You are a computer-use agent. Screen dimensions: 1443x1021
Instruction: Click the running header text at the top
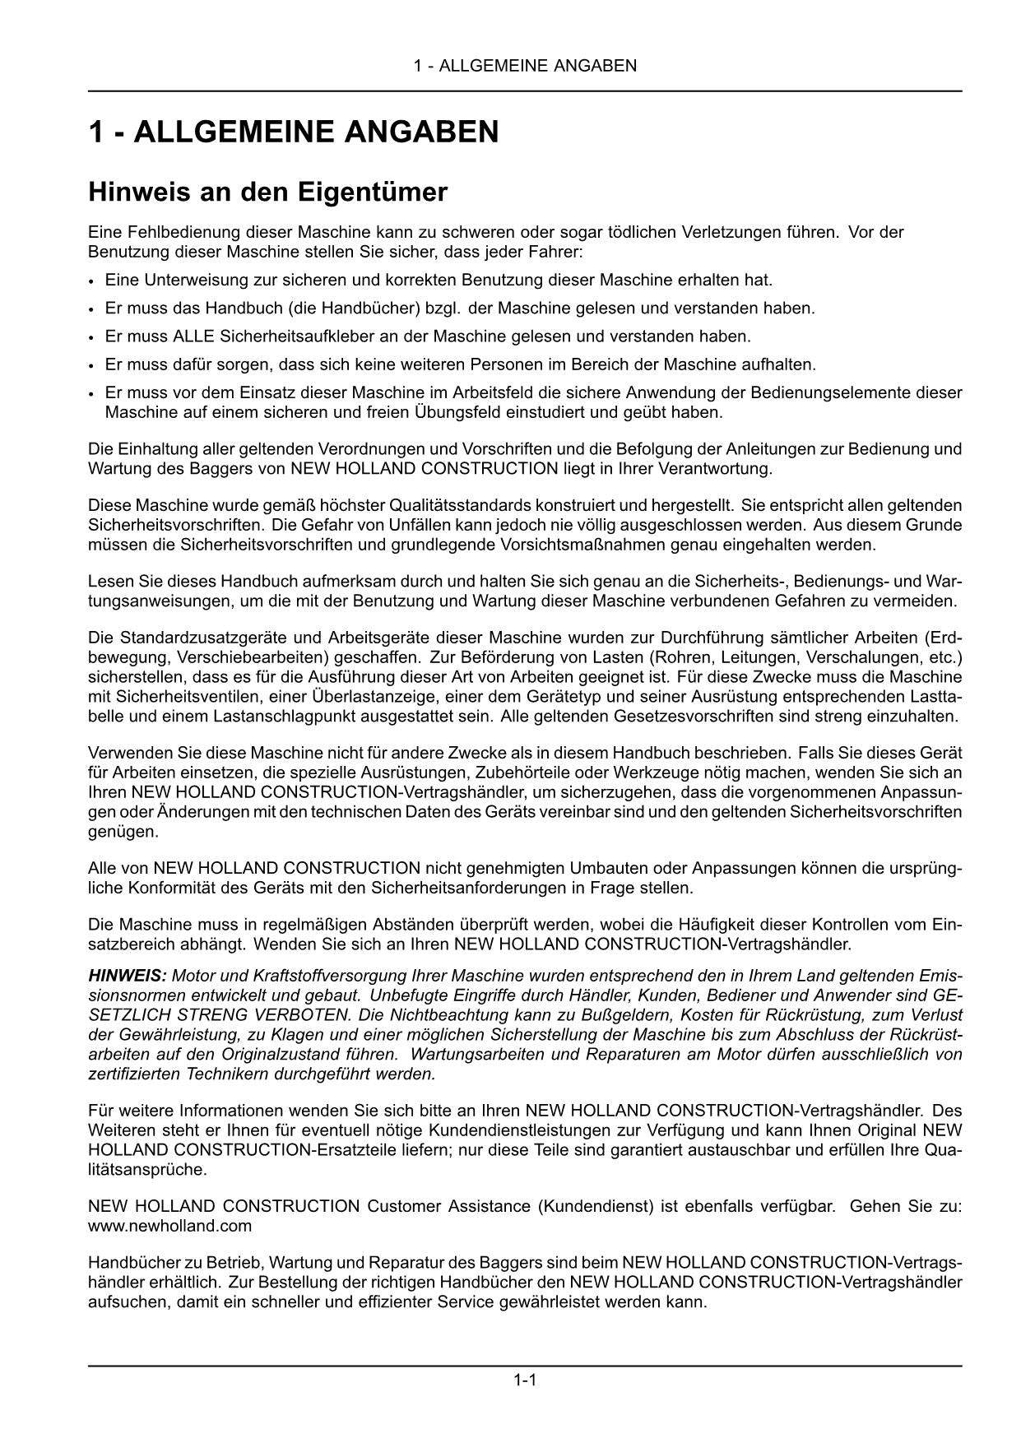tap(525, 66)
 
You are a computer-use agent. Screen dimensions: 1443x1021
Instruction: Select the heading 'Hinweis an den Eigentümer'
tap(267, 193)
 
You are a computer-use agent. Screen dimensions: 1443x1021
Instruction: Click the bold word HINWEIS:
tap(128, 976)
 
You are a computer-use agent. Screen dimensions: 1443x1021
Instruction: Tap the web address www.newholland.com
tap(169, 1226)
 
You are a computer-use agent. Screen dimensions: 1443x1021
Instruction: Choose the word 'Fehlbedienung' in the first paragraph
tap(169, 232)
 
